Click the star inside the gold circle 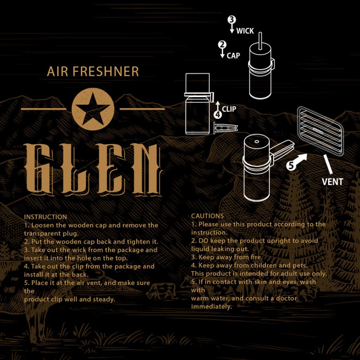(93, 108)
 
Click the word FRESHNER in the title (106, 72)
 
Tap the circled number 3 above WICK (232, 20)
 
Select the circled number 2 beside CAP (222, 44)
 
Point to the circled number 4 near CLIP (218, 114)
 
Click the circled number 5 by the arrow (291, 165)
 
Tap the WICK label (245, 31)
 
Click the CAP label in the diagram (233, 56)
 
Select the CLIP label (229, 109)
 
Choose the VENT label (332, 182)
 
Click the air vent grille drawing (320, 131)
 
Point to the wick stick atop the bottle (260, 41)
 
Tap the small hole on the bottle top (257, 142)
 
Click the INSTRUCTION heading (46, 217)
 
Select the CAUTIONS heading (207, 216)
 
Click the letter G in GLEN (39, 169)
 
